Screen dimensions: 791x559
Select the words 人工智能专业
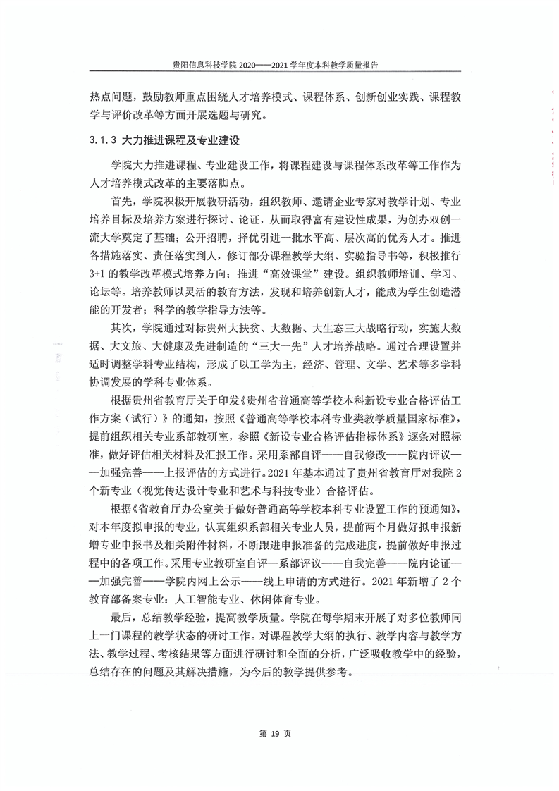point(214,599)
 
